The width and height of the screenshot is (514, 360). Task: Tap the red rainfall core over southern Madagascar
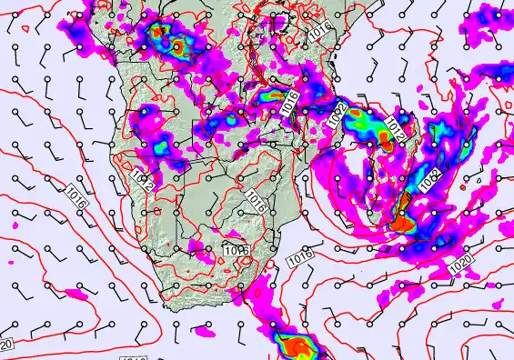point(403,219)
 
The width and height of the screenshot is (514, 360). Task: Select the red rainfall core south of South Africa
point(296,346)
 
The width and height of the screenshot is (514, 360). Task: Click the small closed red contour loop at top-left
point(25,28)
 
